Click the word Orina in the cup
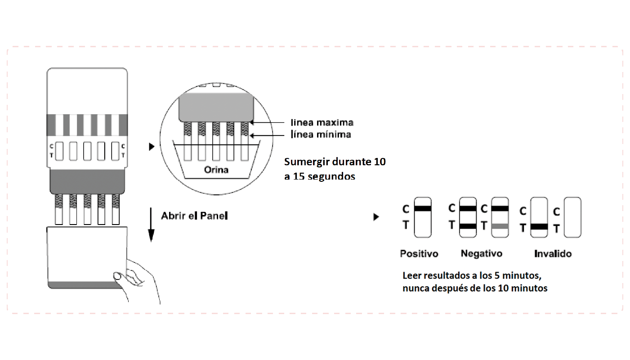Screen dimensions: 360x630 click(x=216, y=170)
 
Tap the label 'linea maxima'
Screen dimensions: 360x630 click(x=322, y=122)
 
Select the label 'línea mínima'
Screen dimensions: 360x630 click(x=321, y=134)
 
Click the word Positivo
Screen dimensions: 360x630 click(x=419, y=254)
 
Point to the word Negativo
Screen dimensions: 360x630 click(x=481, y=254)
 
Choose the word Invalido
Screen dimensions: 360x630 click(x=553, y=254)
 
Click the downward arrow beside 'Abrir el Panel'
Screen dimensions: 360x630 click(x=152, y=225)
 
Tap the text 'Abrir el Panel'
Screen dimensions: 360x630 click(x=195, y=216)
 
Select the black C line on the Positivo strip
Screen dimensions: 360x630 click(x=423, y=208)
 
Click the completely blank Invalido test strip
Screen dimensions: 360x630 click(x=572, y=217)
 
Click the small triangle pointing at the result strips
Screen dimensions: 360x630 click(x=376, y=217)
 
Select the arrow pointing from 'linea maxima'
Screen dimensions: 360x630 click(x=270, y=122)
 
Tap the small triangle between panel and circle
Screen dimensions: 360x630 click(x=152, y=147)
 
